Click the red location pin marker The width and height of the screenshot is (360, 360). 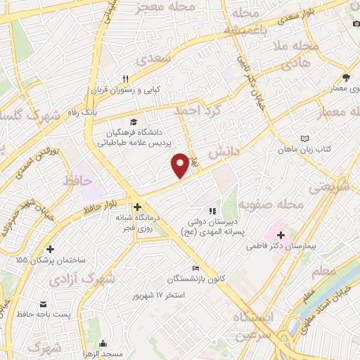tap(181, 164)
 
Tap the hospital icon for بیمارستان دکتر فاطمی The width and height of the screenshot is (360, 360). tap(281, 234)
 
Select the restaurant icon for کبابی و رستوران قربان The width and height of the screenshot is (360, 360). tap(126, 79)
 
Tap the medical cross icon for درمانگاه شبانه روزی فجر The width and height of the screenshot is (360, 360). tap(137, 207)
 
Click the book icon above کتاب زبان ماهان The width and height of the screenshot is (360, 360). tap(304, 138)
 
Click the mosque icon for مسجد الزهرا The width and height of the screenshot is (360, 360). tap(104, 344)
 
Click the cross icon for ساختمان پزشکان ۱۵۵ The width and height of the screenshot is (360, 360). tap(50, 249)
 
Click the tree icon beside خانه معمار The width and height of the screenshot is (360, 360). tap(345, 77)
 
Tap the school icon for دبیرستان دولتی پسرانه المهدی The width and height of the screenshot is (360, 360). tap(210, 210)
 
